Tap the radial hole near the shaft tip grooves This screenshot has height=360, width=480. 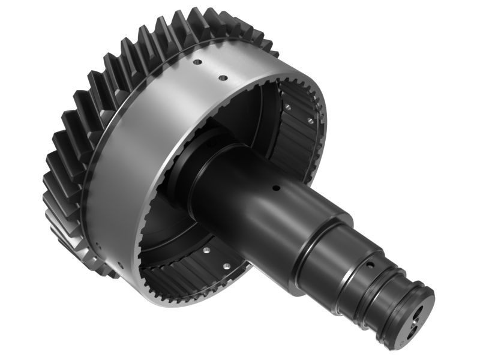click(370, 264)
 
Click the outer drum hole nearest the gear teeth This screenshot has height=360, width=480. click(196, 62)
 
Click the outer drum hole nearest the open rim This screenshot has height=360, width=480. click(222, 78)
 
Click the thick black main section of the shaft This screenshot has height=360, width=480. click(252, 198)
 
